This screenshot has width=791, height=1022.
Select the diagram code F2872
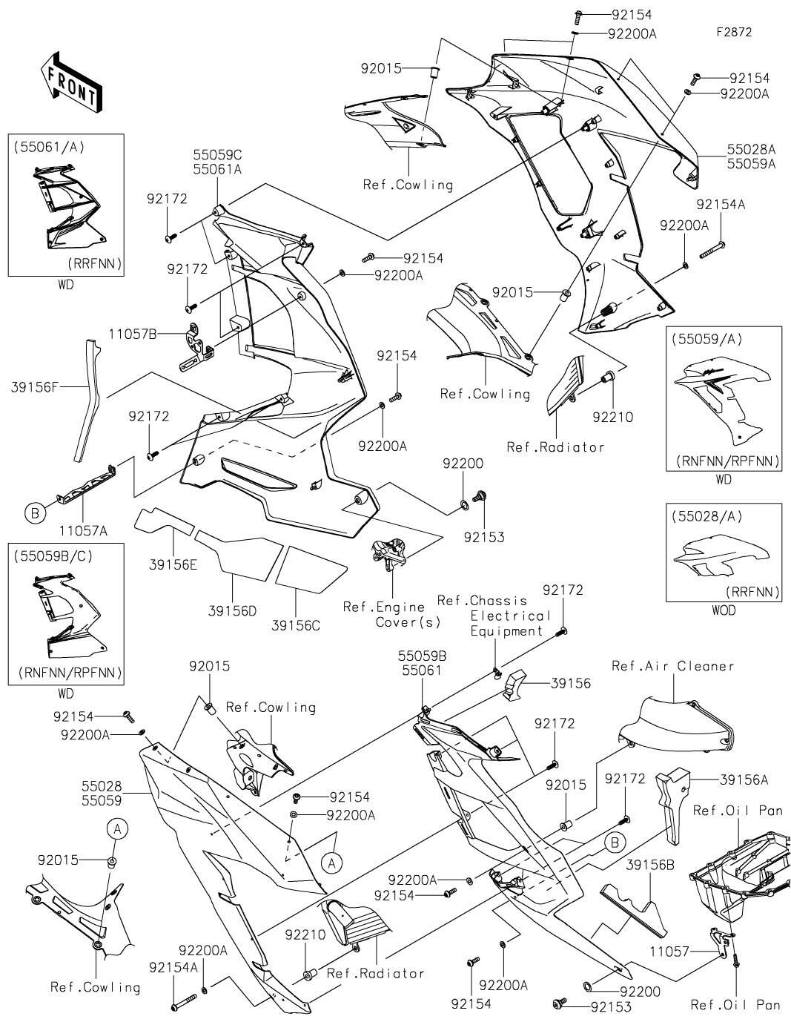(734, 33)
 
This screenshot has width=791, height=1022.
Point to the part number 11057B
(133, 334)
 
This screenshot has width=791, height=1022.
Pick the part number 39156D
(233, 610)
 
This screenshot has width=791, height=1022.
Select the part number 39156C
(296, 625)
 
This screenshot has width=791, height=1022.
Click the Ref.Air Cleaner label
(672, 666)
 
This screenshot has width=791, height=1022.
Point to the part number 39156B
(650, 865)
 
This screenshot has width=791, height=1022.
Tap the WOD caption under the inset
(724, 610)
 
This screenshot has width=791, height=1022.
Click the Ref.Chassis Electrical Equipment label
(493, 616)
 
